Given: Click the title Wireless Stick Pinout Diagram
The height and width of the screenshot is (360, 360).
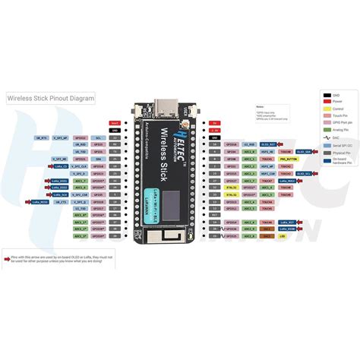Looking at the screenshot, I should (x=52, y=98).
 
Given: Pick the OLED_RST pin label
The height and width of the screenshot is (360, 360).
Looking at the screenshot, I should (x=269, y=144).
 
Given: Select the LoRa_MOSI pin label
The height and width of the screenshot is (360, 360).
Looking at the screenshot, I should (x=287, y=182).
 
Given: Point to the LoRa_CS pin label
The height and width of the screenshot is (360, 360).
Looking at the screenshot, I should (x=61, y=166).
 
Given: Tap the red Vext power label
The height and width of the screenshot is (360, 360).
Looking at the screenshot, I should (x=115, y=122).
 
